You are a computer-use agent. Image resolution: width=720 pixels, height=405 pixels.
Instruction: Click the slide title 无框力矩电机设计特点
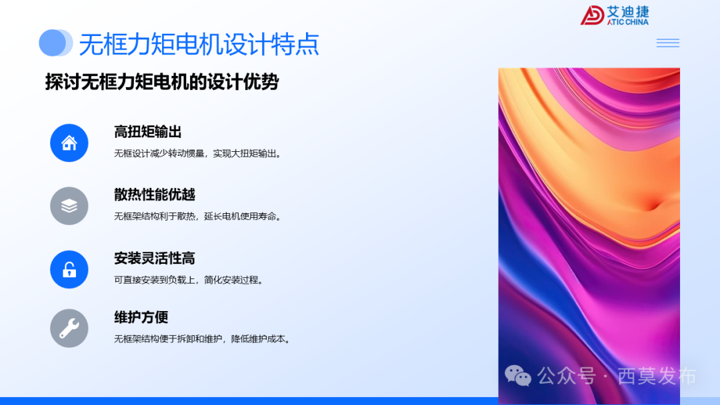pyautogui.click(x=199, y=45)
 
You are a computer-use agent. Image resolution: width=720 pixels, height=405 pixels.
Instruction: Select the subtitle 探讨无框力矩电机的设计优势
pyautogui.click(x=161, y=82)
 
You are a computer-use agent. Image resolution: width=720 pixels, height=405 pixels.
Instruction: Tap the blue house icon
pyautogui.click(x=69, y=143)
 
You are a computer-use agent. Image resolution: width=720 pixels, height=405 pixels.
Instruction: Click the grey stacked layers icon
pyautogui.click(x=69, y=206)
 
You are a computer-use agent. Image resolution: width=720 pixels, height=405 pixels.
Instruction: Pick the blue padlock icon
pyautogui.click(x=69, y=269)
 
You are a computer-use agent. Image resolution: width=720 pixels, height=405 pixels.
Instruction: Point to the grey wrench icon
pyautogui.click(x=69, y=328)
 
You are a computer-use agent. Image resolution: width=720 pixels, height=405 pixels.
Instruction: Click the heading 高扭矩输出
pyautogui.click(x=148, y=132)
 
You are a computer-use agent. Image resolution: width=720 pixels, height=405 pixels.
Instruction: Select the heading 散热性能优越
pyautogui.click(x=155, y=195)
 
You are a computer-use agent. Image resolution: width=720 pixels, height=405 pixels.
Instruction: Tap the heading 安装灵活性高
pyautogui.click(x=155, y=258)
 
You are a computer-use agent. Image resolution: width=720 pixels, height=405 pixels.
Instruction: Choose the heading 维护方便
pyautogui.click(x=141, y=317)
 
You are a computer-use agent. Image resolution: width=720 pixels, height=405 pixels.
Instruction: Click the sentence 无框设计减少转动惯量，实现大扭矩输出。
pyautogui.click(x=198, y=153)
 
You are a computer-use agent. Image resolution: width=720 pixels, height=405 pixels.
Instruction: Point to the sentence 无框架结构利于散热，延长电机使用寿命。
pyautogui.click(x=198, y=216)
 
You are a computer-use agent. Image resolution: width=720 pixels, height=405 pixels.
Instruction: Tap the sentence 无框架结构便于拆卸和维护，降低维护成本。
pyautogui.click(x=202, y=338)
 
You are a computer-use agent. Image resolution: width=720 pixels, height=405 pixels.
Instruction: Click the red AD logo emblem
pyautogui.click(x=592, y=15)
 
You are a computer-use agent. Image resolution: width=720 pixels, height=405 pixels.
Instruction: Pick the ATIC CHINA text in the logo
pyautogui.click(x=628, y=22)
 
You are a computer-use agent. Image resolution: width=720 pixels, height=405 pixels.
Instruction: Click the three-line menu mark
pyautogui.click(x=667, y=43)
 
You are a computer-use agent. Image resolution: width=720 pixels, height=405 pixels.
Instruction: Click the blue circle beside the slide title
pyautogui.click(x=53, y=43)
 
